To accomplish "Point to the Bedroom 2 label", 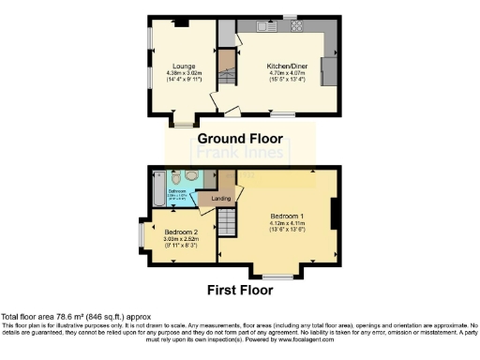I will point(181,231).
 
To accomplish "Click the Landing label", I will point(221,198).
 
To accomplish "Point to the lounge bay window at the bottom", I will point(184,120).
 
